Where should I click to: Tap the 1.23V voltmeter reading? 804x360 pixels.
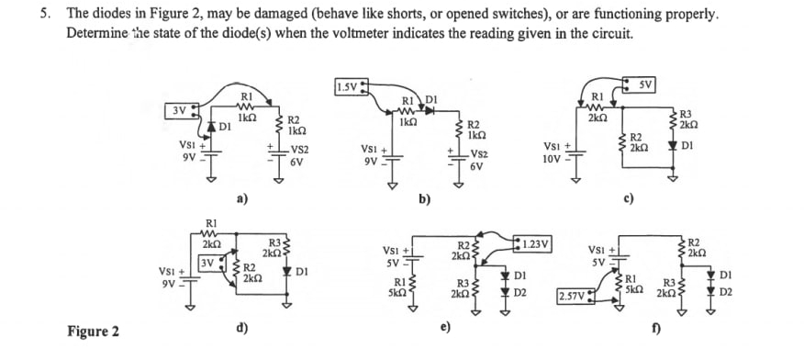click(533, 243)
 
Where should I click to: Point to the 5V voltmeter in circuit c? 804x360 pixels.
click(642, 87)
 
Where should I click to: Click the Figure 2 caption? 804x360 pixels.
click(93, 331)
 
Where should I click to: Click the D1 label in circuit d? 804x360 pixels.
click(302, 272)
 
